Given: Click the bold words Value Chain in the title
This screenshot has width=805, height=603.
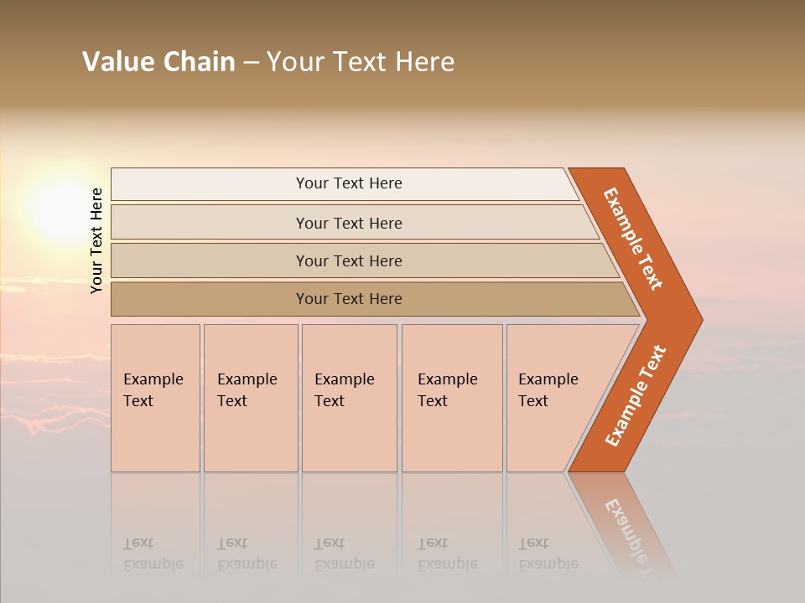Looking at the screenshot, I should coord(158,62).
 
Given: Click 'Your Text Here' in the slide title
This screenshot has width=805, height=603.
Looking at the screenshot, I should coord(361,62).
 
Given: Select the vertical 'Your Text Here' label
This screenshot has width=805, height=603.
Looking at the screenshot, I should coord(96,240).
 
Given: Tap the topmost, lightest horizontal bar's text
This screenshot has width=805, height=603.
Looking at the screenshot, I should coord(349,183).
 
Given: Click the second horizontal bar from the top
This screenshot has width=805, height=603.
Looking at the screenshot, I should coord(349,223).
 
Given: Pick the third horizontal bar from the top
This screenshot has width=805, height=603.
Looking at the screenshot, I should coord(349,260).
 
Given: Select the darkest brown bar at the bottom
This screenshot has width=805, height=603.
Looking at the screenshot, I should coord(349,299).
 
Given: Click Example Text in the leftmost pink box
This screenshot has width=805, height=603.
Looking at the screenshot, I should coord(153,390).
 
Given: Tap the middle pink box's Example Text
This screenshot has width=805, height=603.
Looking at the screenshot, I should coord(344,390).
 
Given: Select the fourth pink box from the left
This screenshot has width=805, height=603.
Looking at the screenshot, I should coord(447,390).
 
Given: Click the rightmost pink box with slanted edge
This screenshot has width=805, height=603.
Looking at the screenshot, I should coord(548,390).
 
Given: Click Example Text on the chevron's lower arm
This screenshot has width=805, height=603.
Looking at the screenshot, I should coord(636,395).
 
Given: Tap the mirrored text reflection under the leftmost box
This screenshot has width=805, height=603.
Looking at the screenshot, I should coord(153,554).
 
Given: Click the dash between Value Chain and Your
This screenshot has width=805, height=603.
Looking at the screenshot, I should coord(251,63).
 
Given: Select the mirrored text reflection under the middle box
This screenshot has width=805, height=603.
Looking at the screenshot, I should coord(344,554).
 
